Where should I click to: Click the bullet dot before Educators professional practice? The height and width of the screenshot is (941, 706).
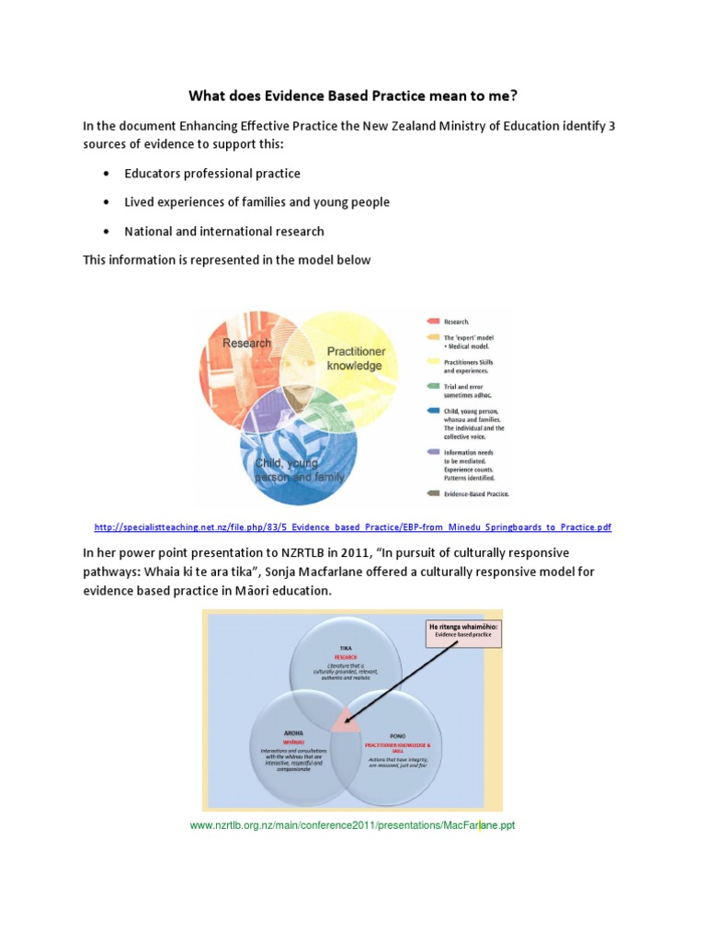[108, 174]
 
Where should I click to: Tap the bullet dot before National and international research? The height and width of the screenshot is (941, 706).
[108, 232]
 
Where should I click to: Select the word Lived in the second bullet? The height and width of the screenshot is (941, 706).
[141, 202]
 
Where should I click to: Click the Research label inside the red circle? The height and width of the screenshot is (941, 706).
[246, 343]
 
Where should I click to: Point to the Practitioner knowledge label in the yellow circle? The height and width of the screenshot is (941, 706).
[355, 358]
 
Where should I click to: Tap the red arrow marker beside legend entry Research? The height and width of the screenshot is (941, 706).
[431, 322]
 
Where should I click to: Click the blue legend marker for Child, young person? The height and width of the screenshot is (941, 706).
[431, 412]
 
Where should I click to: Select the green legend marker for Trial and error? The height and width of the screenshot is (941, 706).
[431, 386]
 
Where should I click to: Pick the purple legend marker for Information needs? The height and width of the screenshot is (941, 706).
[431, 451]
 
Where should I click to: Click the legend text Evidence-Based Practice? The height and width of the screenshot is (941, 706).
[476, 493]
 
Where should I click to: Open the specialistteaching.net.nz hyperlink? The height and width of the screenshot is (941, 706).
[353, 527]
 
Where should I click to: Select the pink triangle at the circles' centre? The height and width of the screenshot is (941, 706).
[346, 720]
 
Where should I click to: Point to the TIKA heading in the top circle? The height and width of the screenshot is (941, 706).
[346, 646]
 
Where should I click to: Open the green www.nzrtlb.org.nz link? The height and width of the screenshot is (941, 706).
[352, 825]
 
